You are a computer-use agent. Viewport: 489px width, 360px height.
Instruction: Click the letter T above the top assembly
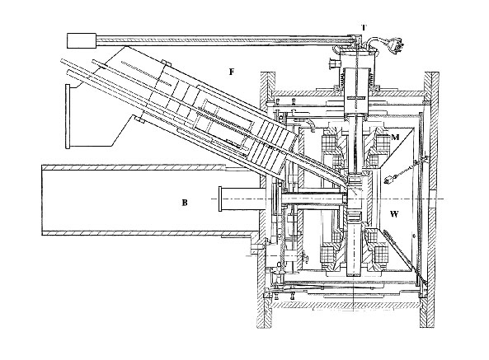click(x=364, y=28)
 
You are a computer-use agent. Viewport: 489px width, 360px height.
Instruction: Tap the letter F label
click(x=232, y=72)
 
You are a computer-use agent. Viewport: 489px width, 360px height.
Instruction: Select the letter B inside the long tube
click(x=185, y=203)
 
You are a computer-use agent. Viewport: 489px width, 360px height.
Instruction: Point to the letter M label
click(x=395, y=137)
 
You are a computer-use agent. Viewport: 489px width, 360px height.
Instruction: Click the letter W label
click(x=394, y=214)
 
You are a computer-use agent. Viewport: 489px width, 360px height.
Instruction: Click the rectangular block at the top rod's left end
click(x=82, y=40)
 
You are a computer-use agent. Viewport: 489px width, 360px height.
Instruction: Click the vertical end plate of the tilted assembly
click(x=68, y=116)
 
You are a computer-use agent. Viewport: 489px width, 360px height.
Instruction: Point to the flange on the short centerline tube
click(x=220, y=199)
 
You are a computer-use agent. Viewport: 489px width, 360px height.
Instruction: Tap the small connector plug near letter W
click(x=389, y=180)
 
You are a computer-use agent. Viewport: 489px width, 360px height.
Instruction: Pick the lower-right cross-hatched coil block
click(x=382, y=255)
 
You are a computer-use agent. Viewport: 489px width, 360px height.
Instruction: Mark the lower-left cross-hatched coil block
click(x=327, y=255)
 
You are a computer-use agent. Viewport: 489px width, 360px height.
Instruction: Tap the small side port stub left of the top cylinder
click(x=334, y=64)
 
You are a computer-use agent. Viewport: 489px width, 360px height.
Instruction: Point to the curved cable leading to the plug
click(x=379, y=42)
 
